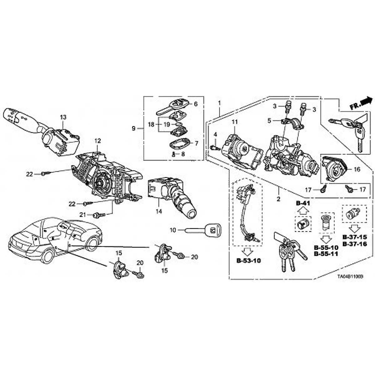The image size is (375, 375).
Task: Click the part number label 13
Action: tap(63, 117)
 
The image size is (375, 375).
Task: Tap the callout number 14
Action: tap(159, 212)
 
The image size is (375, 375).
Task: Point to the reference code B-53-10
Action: tap(248, 261)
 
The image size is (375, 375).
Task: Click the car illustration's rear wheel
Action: tap(47, 256)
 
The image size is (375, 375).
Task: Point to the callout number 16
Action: tap(357, 169)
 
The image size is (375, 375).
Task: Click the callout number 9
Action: tap(134, 128)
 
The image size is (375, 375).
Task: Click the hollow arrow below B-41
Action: tap(302, 212)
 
